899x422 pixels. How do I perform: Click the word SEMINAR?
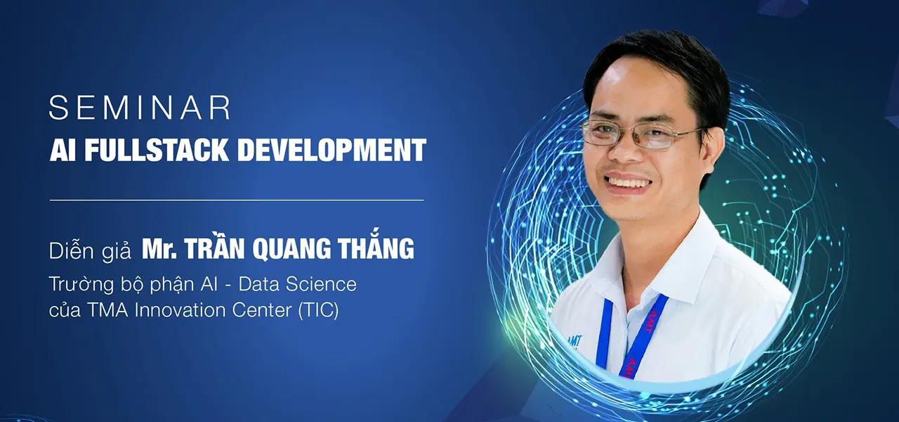pyautogui.click(x=140, y=108)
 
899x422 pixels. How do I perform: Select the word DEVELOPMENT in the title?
pyautogui.click(x=332, y=150)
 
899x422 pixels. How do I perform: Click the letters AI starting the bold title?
pyautogui.click(x=63, y=150)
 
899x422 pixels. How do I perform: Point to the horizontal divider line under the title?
pyautogui.click(x=237, y=200)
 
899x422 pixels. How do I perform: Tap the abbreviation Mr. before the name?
pyautogui.click(x=159, y=249)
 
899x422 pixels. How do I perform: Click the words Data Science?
pyautogui.click(x=297, y=284)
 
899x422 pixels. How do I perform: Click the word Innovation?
pyautogui.click(x=181, y=310)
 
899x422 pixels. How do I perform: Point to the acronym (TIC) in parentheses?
pyautogui.click(x=319, y=310)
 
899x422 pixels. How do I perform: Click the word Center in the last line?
pyautogui.click(x=262, y=310)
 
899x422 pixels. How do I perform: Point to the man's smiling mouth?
pyautogui.click(x=629, y=183)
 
